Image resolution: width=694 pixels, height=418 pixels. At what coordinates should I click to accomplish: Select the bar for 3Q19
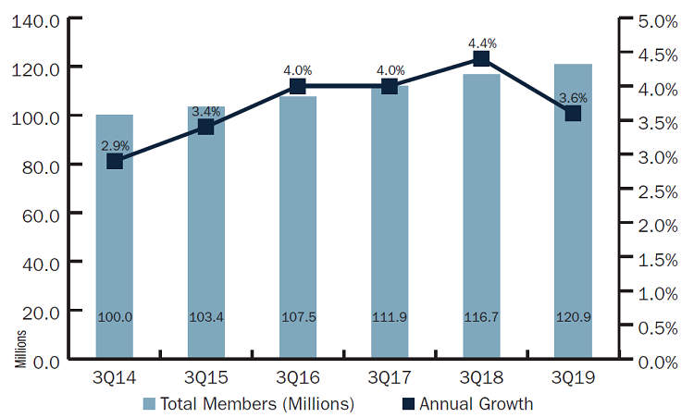pos(573,231)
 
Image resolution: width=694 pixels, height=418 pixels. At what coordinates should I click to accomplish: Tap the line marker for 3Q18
pos(481,59)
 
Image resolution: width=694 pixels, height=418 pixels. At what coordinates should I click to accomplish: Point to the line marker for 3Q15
pos(206,127)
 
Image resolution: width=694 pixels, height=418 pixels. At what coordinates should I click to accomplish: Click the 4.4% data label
pos(481,42)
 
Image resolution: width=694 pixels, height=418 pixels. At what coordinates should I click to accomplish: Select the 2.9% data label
pos(115,145)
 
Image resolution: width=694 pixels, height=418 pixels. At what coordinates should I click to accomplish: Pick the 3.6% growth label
pos(573,97)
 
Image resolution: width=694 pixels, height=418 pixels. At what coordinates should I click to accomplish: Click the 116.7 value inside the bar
pos(481,317)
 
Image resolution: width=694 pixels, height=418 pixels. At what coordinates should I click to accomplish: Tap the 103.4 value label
pos(206,317)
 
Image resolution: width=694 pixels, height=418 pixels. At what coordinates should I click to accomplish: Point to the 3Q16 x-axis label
pos(298,378)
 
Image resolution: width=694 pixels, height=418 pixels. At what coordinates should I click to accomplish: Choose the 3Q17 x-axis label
pos(390,378)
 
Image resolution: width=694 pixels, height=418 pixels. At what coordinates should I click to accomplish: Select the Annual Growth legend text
pos(476,404)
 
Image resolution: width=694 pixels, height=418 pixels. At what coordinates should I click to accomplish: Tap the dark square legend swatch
pos(408,404)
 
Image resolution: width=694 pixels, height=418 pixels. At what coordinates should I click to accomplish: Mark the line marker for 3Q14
pos(115,161)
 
